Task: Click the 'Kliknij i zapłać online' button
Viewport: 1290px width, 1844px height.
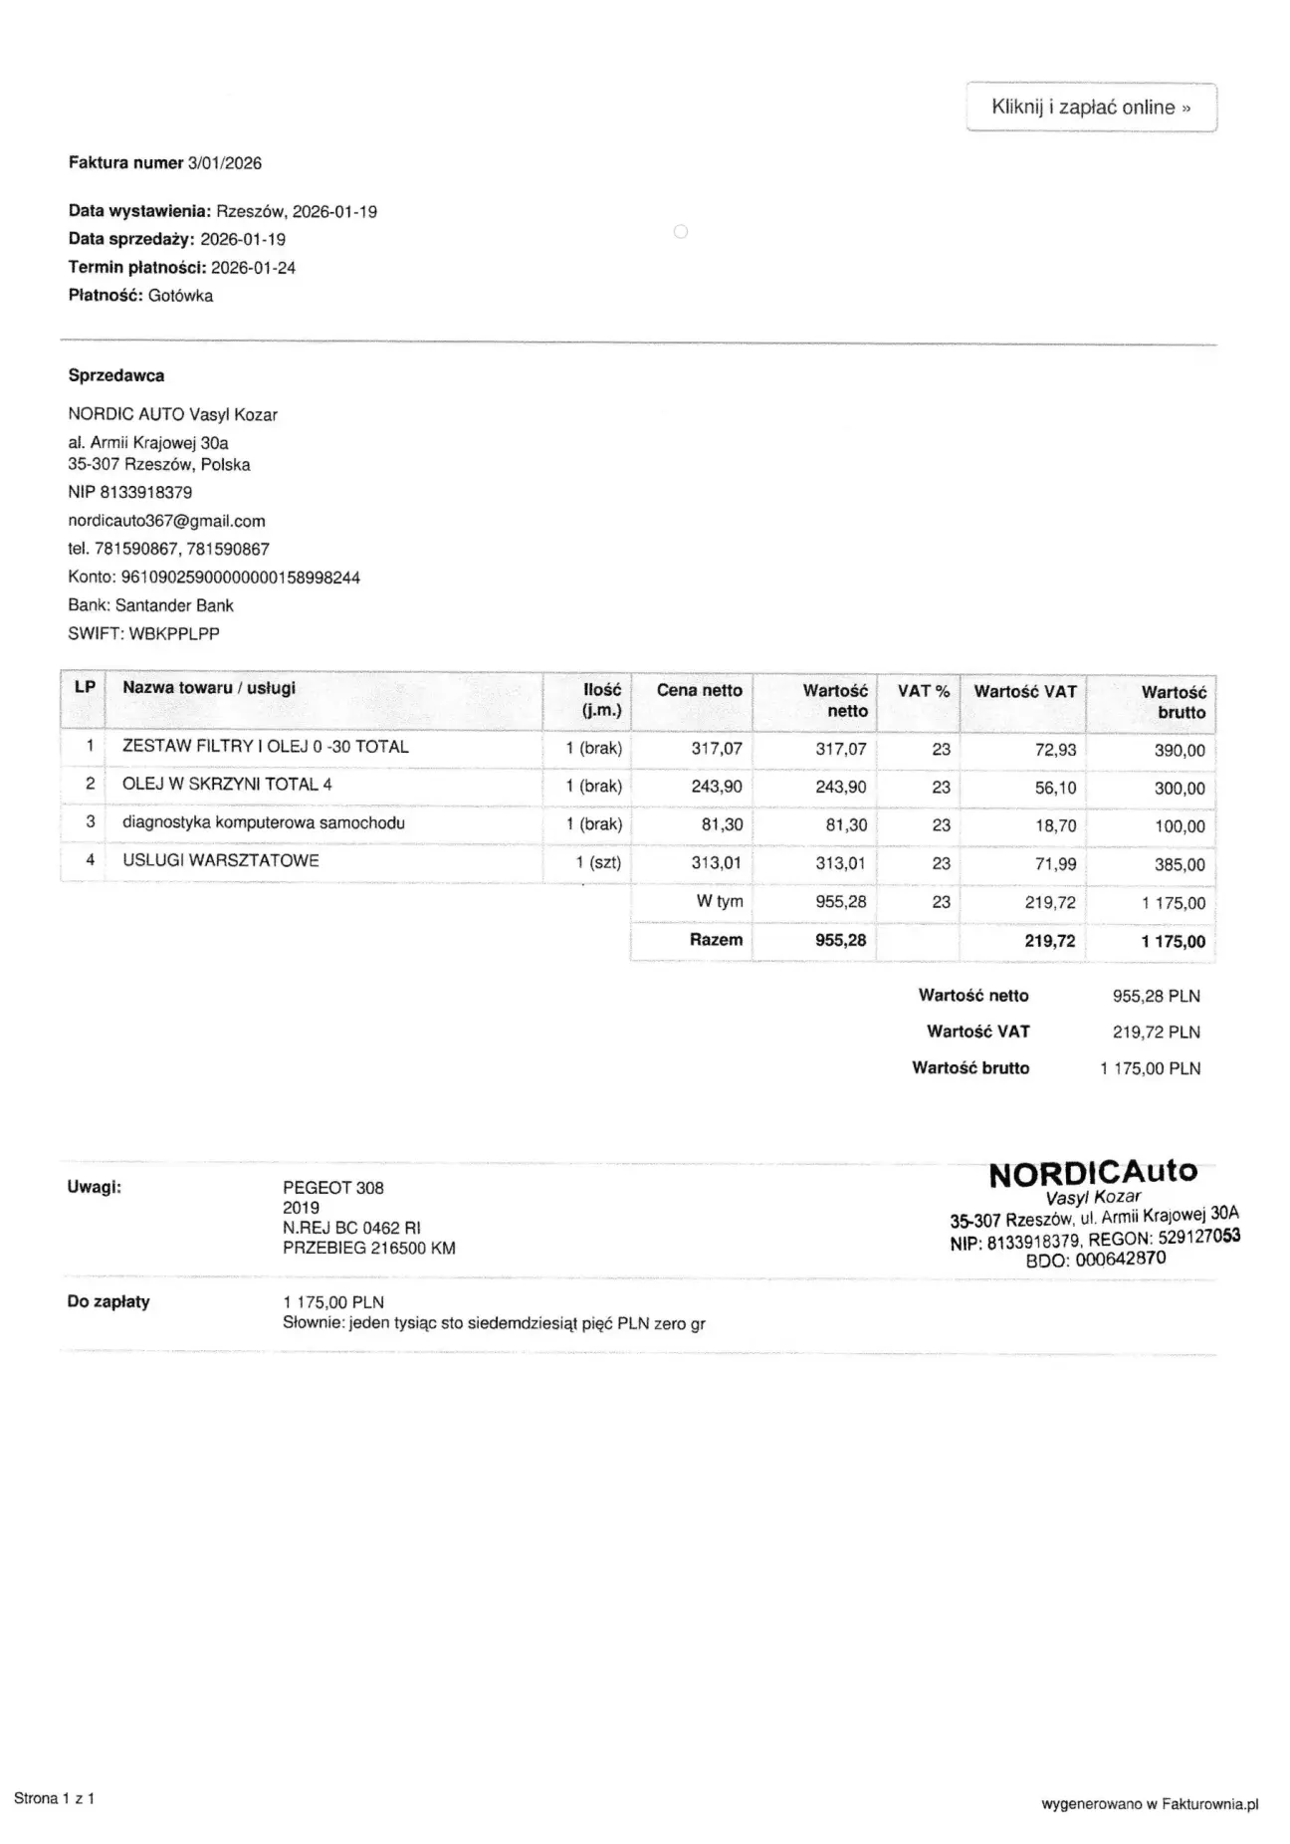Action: (1091, 108)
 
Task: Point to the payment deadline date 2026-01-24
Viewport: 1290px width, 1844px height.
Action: (253, 268)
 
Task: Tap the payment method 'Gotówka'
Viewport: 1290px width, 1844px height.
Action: (180, 296)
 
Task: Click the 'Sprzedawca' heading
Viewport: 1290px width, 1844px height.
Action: (116, 376)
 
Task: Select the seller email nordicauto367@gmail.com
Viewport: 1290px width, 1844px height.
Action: (166, 521)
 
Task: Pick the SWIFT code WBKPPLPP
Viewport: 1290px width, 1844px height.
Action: (174, 633)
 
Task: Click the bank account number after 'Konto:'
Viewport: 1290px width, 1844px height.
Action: (240, 577)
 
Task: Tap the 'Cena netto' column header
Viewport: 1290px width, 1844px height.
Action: (699, 691)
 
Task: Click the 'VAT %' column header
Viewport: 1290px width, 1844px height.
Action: (923, 691)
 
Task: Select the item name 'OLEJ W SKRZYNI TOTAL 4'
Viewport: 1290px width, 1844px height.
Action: (227, 785)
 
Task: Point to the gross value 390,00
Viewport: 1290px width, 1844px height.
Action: (1179, 751)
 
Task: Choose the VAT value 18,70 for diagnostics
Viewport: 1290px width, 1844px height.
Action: (1055, 826)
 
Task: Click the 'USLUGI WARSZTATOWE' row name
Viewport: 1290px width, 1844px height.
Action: (221, 861)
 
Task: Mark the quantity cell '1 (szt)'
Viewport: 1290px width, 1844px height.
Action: (598, 863)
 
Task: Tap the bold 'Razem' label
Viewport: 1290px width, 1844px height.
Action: (716, 940)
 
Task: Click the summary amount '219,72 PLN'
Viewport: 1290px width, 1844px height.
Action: (1156, 1033)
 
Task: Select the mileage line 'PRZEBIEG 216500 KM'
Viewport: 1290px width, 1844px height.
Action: (369, 1249)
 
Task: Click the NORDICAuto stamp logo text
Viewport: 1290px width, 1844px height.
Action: (1093, 1173)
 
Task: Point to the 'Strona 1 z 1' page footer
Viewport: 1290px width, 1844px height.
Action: (55, 1798)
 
